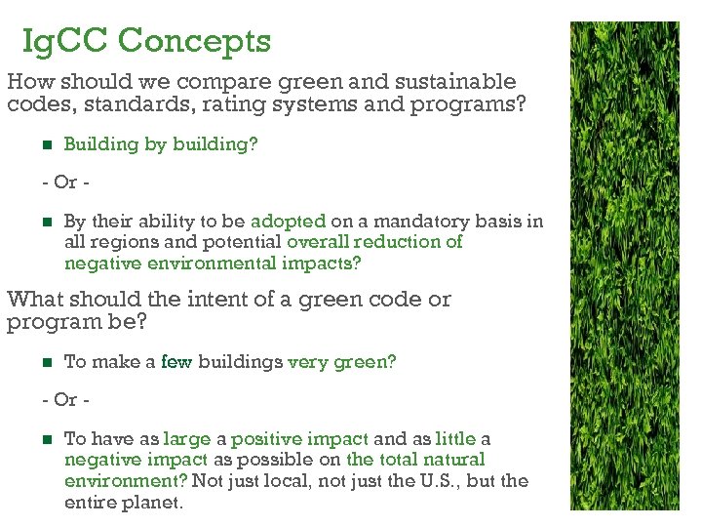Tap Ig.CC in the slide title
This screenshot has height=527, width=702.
pyautogui.click(x=69, y=41)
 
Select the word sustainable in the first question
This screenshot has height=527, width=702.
pyautogui.click(x=457, y=82)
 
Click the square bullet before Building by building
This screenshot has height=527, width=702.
pyautogui.click(x=45, y=144)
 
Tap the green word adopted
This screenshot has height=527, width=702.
pyautogui.click(x=288, y=222)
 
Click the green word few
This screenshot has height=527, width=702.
pyautogui.click(x=176, y=361)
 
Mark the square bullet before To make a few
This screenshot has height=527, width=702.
pyautogui.click(x=45, y=362)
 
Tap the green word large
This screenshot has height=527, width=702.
pyautogui.click(x=187, y=439)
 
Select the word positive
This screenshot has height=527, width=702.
pyautogui.click(x=266, y=439)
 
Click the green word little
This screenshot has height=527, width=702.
pyautogui.click(x=455, y=439)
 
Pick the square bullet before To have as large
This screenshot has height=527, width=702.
pyautogui.click(x=45, y=440)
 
